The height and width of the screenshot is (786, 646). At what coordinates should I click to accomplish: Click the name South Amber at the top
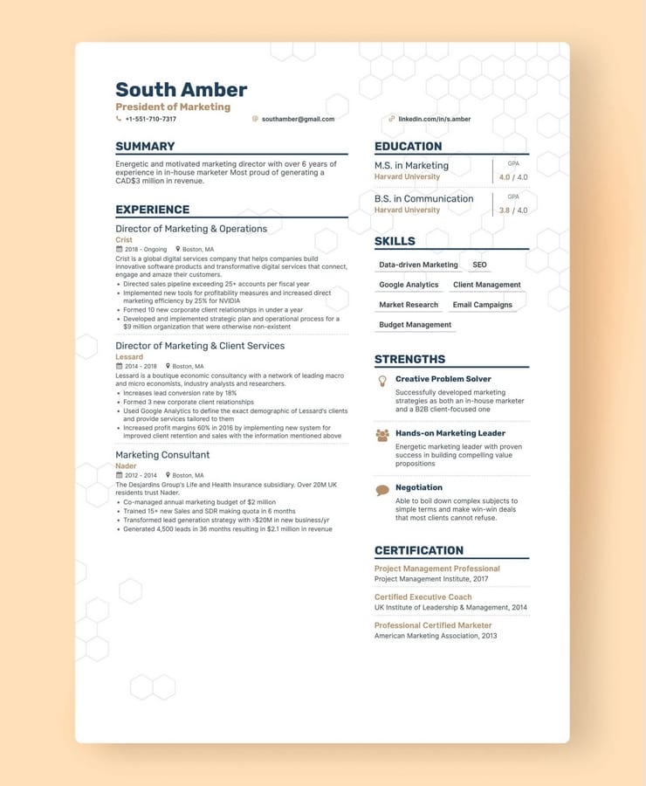point(181,90)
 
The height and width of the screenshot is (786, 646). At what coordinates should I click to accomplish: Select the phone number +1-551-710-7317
point(150,119)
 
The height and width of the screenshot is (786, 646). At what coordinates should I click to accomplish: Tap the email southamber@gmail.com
point(298,119)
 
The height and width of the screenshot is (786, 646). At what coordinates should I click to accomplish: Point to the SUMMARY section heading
point(145,146)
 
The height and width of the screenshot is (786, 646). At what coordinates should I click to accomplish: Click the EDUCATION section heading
point(408,146)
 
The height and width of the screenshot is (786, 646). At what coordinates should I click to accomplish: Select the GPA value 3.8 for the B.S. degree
point(505,210)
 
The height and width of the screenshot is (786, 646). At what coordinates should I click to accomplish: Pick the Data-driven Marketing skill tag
point(418,265)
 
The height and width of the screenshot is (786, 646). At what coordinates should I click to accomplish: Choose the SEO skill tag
point(479,265)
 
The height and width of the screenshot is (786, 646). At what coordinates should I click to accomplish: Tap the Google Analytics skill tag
point(409,285)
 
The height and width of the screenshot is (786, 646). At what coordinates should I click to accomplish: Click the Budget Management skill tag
point(415,325)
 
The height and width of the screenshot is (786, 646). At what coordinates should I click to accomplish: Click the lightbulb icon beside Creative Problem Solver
point(381,381)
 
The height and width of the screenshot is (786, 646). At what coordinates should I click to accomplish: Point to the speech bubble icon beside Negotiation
point(381,490)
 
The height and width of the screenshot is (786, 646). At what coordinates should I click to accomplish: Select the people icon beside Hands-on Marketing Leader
point(381,434)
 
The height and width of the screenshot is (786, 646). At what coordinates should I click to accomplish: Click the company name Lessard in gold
point(129,357)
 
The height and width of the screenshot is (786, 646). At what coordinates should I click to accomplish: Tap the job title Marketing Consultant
point(162,455)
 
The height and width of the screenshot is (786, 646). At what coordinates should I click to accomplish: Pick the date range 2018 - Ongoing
point(145,249)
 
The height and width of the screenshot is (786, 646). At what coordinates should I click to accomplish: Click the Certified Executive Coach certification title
point(423,597)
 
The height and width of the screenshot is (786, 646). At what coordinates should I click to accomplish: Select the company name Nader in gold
point(126,466)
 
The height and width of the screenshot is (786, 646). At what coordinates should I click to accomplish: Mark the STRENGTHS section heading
point(409,359)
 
